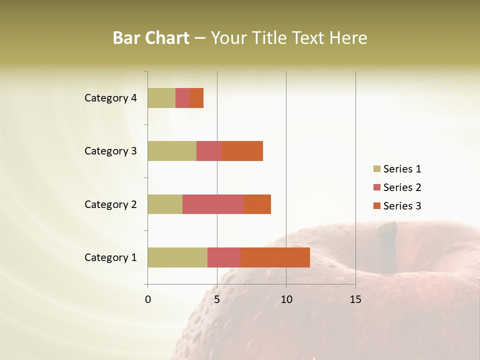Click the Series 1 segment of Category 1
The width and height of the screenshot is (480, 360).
coord(177,257)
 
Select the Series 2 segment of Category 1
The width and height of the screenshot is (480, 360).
coord(224,257)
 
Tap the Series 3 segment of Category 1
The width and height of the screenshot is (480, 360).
coord(275,257)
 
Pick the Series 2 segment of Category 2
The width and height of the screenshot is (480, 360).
coord(213,204)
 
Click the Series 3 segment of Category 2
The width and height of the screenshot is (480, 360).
coord(257,204)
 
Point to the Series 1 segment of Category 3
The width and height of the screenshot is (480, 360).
coord(172,150)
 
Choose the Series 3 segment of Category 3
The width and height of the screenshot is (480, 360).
coord(242,150)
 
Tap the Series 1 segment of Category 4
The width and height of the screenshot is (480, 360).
coord(161,98)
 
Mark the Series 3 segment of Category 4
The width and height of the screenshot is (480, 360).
coord(196,98)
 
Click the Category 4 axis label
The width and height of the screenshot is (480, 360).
coord(110,98)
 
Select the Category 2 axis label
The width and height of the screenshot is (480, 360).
coord(110,204)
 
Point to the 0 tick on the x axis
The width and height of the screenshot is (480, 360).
coord(148,299)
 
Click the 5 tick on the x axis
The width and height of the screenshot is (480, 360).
coord(217,299)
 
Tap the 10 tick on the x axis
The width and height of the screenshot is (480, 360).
coord(286,299)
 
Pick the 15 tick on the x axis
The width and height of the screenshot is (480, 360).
coord(355,299)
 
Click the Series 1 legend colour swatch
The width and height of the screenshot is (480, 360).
coord(376,169)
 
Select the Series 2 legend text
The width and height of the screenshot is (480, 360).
coord(402,187)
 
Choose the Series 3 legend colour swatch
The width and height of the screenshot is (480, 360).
coord(376,206)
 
